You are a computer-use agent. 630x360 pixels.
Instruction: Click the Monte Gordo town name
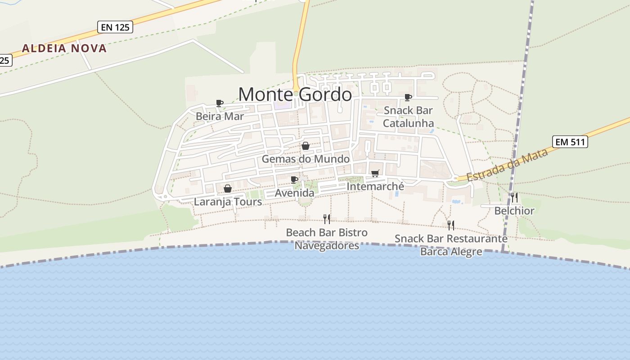(295, 94)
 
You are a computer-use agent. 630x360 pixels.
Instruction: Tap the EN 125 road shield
(115, 27)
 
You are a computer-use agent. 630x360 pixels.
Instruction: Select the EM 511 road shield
(570, 142)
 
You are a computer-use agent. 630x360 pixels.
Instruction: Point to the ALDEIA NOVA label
(64, 48)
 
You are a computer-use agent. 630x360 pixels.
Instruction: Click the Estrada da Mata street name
(507, 165)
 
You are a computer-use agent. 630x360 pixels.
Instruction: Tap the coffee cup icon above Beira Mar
(220, 103)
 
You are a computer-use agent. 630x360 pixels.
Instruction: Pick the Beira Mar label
(220, 116)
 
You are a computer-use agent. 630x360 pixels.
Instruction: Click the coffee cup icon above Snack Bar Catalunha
(408, 97)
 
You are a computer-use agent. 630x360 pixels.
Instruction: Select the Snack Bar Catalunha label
(408, 117)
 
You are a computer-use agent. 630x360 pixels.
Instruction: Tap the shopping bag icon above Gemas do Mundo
(306, 146)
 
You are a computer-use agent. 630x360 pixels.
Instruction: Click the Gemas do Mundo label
(306, 159)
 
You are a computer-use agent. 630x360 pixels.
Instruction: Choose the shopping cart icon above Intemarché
(375, 174)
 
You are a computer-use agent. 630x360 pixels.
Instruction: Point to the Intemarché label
(375, 186)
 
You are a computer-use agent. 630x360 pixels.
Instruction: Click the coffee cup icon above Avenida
(294, 180)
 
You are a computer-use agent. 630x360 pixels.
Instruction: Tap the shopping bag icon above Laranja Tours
(228, 189)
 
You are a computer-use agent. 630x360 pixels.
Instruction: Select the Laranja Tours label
(228, 202)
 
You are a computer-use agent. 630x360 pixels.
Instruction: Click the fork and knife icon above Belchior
(514, 198)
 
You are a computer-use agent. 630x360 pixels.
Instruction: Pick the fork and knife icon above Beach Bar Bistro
(327, 219)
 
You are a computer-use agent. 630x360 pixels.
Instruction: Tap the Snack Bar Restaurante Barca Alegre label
(451, 245)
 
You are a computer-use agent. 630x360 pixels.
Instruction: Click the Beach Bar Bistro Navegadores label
(327, 239)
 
